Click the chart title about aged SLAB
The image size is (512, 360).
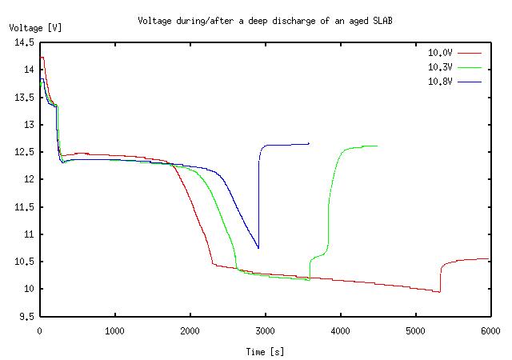coord(265,20)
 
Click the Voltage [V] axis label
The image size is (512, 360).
coord(35,28)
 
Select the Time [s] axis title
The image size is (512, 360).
coord(265,351)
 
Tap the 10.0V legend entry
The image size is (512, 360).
coord(440,53)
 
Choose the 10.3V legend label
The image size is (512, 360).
coord(440,67)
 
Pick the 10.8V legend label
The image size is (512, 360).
coord(440,82)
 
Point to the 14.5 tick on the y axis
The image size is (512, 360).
coord(24,42)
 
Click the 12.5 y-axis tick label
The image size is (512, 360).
coord(24,152)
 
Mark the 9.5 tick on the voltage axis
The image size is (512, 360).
coord(26,316)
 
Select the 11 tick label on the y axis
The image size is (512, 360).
coord(29,234)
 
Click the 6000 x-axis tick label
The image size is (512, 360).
coord(490,329)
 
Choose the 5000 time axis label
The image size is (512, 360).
coord(415,329)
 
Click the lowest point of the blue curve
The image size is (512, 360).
coord(258,248)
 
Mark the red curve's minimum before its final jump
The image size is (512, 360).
coord(439,292)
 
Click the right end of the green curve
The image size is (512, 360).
coord(378,146)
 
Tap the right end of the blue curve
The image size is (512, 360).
coord(309,143)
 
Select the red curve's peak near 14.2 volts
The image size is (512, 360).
coord(42,58)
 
